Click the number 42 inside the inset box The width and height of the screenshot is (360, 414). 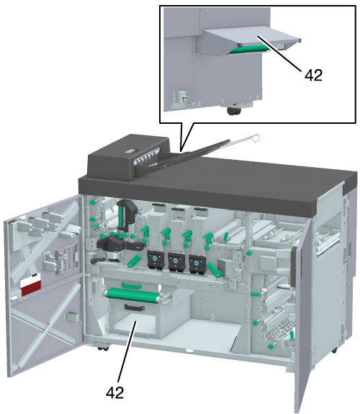pyautogui.click(x=313, y=76)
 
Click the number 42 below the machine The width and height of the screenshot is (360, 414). pyautogui.click(x=115, y=392)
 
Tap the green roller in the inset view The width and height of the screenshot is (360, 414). pyautogui.click(x=248, y=49)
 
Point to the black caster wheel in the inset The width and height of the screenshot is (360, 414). pyautogui.click(x=234, y=111)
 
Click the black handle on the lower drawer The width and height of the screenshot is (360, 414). pyautogui.click(x=135, y=307)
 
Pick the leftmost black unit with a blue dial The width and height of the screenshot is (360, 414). pyautogui.click(x=156, y=261)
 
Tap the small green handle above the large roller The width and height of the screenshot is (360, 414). pyautogui.click(x=132, y=286)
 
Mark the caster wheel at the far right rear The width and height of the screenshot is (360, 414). pyautogui.click(x=334, y=351)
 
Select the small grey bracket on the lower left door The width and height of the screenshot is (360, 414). pyautogui.click(x=72, y=316)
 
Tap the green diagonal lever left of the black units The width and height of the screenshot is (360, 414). pyautogui.click(x=134, y=261)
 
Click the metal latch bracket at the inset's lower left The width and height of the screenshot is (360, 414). pyautogui.click(x=180, y=99)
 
